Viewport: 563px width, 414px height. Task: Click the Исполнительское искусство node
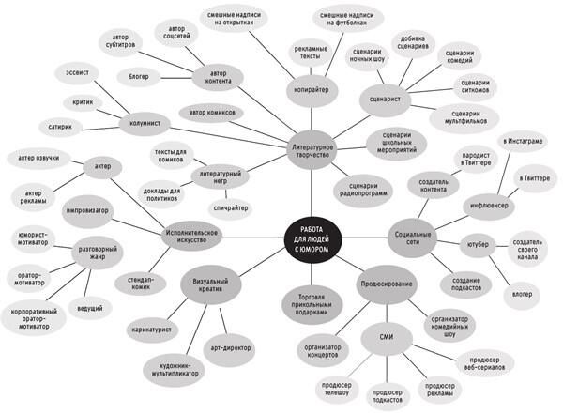[x=191, y=235]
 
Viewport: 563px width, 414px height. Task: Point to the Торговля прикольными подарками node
[x=310, y=304]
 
